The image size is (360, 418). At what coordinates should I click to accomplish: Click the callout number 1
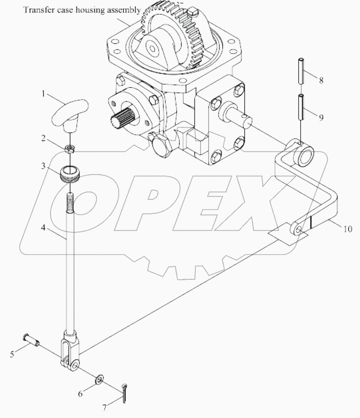click(43, 94)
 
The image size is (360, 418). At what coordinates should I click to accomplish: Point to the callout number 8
click(321, 80)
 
